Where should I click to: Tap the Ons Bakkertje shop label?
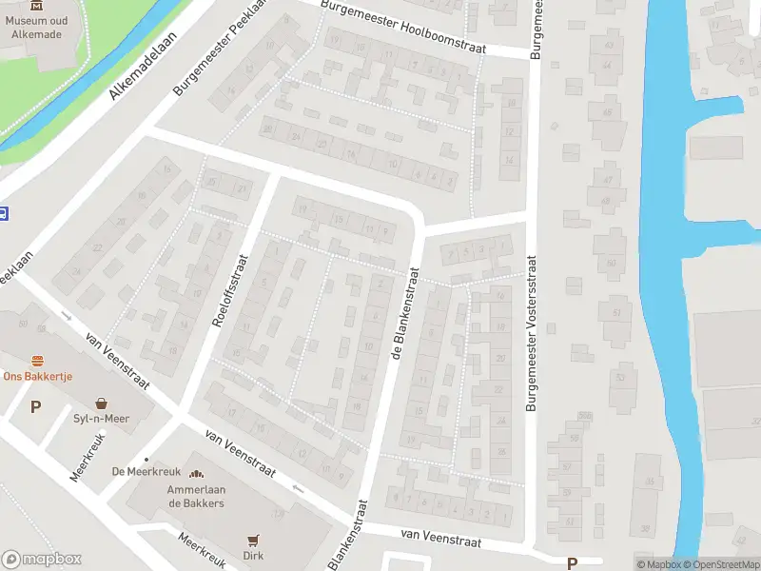pyautogui.click(x=37, y=376)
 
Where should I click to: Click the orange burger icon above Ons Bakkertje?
pyautogui.click(x=37, y=361)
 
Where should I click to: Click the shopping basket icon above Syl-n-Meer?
pyautogui.click(x=101, y=403)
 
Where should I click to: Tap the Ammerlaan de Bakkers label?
pyautogui.click(x=196, y=495)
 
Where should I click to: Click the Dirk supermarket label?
pyautogui.click(x=253, y=555)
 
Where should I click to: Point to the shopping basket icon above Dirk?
pyautogui.click(x=253, y=540)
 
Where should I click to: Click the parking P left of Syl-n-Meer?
pyautogui.click(x=36, y=407)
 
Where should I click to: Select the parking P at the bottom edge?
pyautogui.click(x=572, y=563)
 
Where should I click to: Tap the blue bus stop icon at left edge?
pyautogui.click(x=4, y=213)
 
